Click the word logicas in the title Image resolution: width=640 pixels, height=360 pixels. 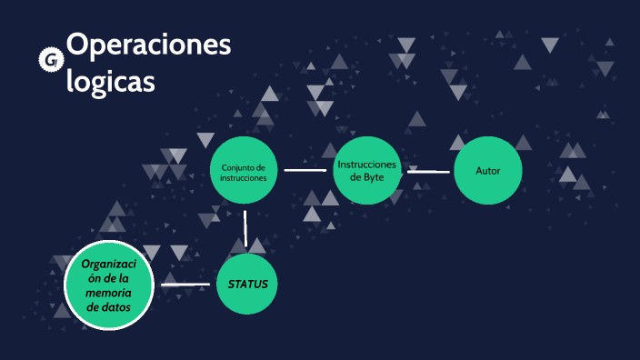coord(110,81)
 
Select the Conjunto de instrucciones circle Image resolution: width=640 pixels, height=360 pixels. coord(244,172)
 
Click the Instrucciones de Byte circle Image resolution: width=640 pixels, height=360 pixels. coord(366,170)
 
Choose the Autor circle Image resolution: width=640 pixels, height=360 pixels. coord(488,170)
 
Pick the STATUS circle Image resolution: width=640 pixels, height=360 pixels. coord(247,284)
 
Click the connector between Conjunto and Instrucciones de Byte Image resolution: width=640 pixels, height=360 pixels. coord(305,169)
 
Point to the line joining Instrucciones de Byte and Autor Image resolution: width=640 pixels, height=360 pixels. coord(428,170)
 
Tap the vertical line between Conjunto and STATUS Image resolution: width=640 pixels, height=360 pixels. coord(245,228)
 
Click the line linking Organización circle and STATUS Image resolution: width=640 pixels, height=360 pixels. coord(185,285)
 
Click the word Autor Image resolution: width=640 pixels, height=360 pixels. coord(488,170)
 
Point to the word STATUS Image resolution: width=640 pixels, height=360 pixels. coord(247,284)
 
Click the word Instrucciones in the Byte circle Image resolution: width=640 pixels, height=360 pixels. coord(366,164)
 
